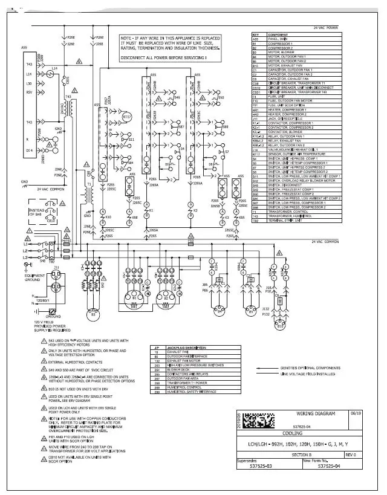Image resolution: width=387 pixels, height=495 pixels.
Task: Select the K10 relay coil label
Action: click(x=108, y=216)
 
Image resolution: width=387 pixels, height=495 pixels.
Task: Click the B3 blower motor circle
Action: click(x=93, y=313)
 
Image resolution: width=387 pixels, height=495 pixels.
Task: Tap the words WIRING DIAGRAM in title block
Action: click(x=316, y=413)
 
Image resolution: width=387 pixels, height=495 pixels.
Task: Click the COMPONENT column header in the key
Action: click(x=279, y=35)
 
